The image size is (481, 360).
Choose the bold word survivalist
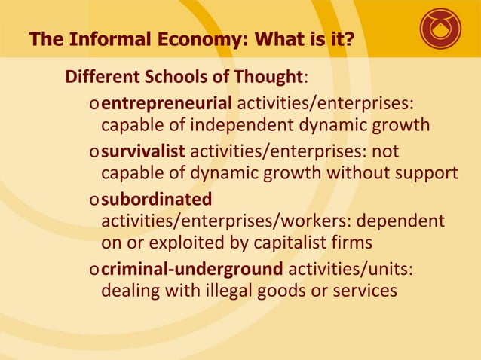coord(142,151)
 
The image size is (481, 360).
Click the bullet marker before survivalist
coord(93,151)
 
